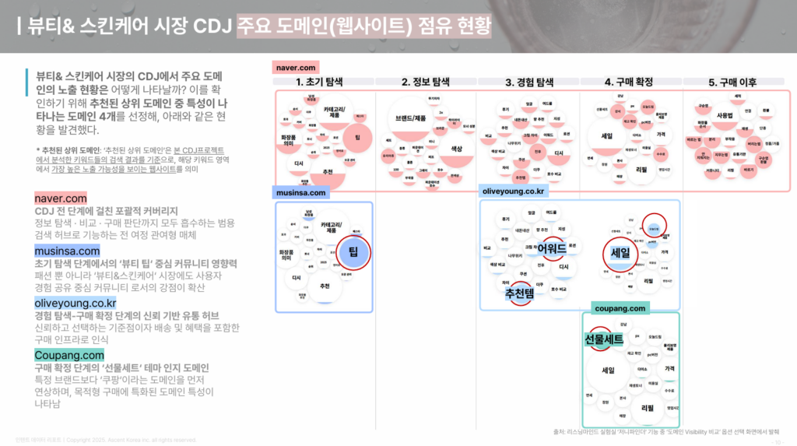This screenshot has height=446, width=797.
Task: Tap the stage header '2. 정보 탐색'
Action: [426, 82]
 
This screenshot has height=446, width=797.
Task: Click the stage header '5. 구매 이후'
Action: [732, 82]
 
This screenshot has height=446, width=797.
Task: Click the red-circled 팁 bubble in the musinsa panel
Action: [353, 252]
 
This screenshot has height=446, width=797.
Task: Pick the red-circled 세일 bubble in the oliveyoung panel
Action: [620, 252]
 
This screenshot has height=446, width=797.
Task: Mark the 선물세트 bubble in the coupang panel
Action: [605, 339]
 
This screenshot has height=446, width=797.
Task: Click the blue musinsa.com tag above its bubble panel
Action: [300, 191]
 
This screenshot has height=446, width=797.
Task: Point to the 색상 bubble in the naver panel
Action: [457, 148]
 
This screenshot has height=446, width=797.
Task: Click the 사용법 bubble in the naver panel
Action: [725, 115]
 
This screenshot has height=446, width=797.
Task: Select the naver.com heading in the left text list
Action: [61, 198]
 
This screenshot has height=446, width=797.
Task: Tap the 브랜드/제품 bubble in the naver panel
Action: [410, 118]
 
